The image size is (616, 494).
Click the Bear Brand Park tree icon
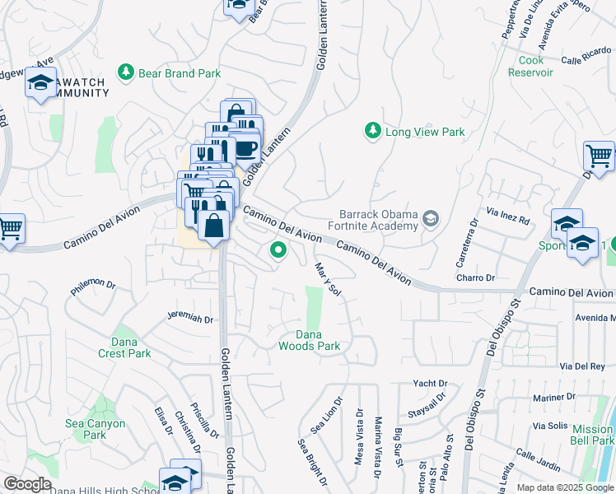(126, 73)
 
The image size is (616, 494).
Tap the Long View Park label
(425, 132)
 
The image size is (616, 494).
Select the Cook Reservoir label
(536, 67)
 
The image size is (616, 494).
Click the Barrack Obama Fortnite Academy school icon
(430, 219)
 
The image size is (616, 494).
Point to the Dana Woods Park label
(318, 340)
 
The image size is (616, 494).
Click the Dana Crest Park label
(128, 347)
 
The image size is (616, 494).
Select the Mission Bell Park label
(592, 435)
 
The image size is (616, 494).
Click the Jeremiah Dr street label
(190, 318)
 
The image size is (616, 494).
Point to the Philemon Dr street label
(94, 287)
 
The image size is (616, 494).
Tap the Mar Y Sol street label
(328, 280)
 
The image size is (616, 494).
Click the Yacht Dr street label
(430, 384)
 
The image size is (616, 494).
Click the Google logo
(27, 484)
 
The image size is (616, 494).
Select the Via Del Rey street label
(581, 366)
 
